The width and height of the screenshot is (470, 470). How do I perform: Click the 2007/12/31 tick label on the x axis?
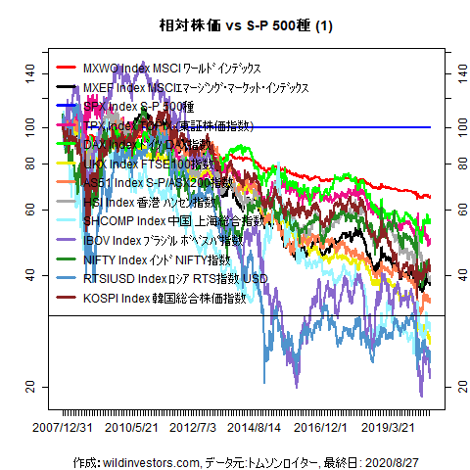click(64, 427)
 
